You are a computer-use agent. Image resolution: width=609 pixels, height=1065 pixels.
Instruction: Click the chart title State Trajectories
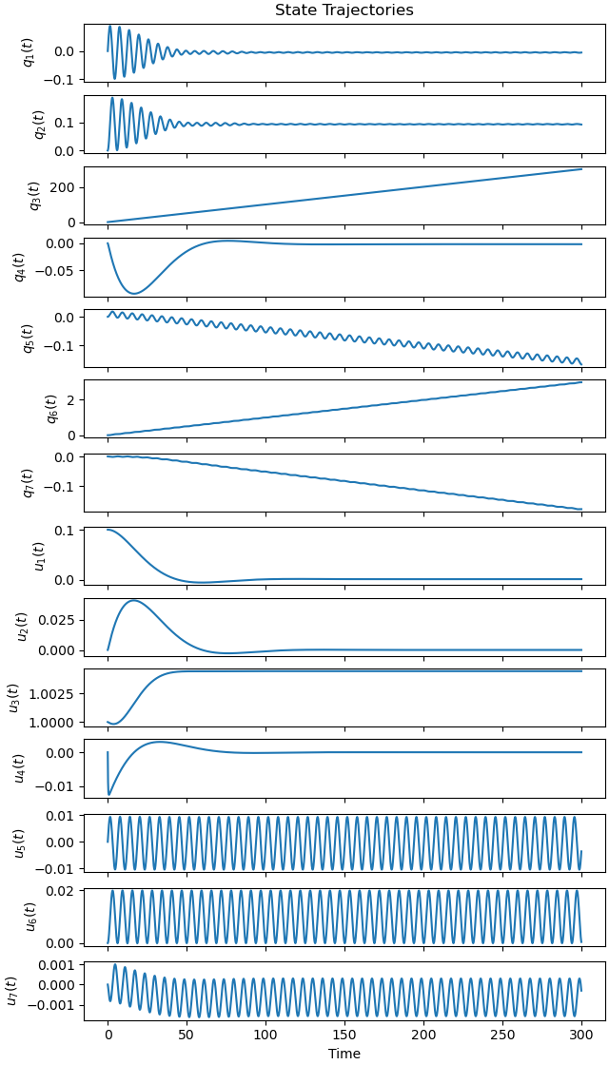[x=344, y=10]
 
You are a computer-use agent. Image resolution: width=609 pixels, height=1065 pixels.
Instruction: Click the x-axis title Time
[x=344, y=1054]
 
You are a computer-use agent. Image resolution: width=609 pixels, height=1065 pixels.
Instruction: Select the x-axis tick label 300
[x=581, y=1034]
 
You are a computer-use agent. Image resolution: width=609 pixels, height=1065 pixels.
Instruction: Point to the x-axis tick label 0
[x=108, y=1034]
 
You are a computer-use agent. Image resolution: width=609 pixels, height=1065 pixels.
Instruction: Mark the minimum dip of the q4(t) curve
[x=134, y=294]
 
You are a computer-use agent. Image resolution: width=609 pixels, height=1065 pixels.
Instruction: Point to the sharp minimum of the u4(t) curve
[x=109, y=794]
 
